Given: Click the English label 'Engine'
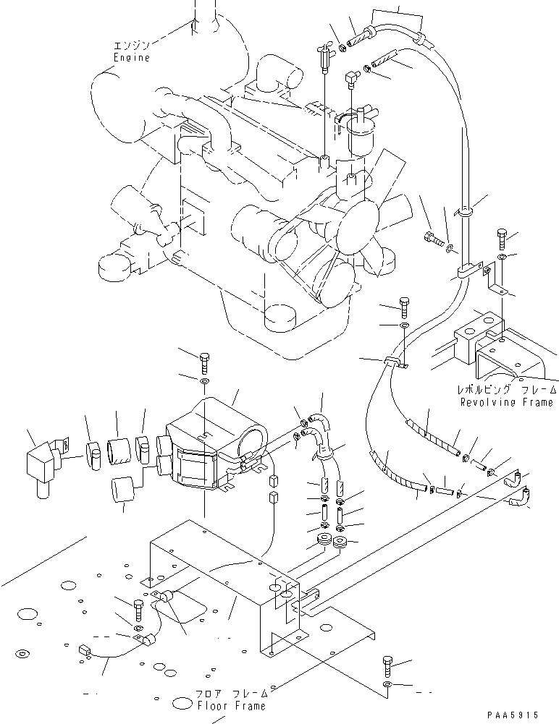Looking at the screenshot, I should [131, 57].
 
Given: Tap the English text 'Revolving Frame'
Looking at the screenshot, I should [505, 402].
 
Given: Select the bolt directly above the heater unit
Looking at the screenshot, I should [204, 359].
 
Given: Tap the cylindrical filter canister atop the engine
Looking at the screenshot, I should [362, 137].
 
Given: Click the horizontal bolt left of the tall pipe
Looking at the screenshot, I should [432, 238].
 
